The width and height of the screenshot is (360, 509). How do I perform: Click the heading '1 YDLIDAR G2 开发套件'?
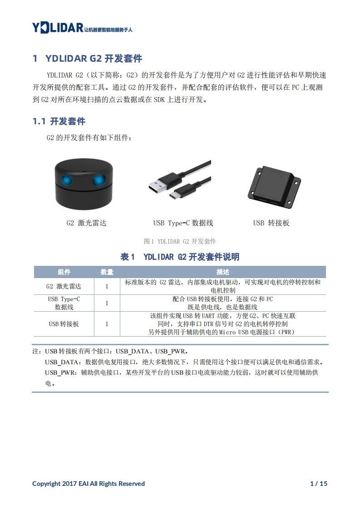coord(88,59)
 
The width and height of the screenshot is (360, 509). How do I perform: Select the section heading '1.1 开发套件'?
coord(59,122)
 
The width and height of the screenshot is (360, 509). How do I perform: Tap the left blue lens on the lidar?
coord(67,180)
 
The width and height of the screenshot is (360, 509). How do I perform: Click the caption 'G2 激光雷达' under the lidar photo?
coord(86,223)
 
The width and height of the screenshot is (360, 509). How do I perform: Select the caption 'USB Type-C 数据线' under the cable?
coord(183,223)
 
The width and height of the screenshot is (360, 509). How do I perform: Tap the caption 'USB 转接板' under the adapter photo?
coord(271,223)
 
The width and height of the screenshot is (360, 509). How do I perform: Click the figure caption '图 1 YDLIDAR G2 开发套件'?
coord(180,241)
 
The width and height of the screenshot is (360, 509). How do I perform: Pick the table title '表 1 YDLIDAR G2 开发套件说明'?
coord(180,257)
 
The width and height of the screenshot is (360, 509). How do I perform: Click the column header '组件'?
coord(64,272)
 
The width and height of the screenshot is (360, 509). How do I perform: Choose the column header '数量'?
coord(107,272)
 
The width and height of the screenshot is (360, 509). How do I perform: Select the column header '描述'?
coord(223,272)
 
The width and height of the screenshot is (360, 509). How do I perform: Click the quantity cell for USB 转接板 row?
coord(107,324)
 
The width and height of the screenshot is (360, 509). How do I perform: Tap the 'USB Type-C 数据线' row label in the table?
coord(64,303)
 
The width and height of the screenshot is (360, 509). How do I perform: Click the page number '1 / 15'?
coord(319,484)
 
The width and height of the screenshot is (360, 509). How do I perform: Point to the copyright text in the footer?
coord(89,484)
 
